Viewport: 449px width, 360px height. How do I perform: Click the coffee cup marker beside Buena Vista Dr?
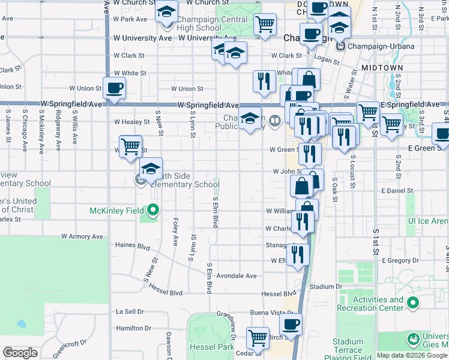tap(291, 325)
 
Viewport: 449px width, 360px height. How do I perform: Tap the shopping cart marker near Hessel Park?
tap(258, 338)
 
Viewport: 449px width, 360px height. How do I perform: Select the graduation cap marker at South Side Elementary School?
tap(151, 169)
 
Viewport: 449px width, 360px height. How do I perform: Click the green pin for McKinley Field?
tap(153, 210)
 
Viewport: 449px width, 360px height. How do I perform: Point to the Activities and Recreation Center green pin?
tap(412, 304)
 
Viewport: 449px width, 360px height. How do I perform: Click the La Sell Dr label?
tap(130, 311)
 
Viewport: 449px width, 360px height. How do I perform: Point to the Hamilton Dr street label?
tap(133, 328)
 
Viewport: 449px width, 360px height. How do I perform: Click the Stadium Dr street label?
tap(325, 287)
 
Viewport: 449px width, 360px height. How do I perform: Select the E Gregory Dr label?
tap(399, 260)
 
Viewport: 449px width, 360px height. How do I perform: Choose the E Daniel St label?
tap(397, 190)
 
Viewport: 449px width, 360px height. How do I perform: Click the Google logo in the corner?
tap(20, 353)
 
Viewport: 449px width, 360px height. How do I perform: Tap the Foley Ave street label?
tap(175, 232)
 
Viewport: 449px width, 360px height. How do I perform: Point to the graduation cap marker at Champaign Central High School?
tap(166, 13)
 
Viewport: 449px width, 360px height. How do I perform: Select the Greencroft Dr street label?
tap(70, 349)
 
